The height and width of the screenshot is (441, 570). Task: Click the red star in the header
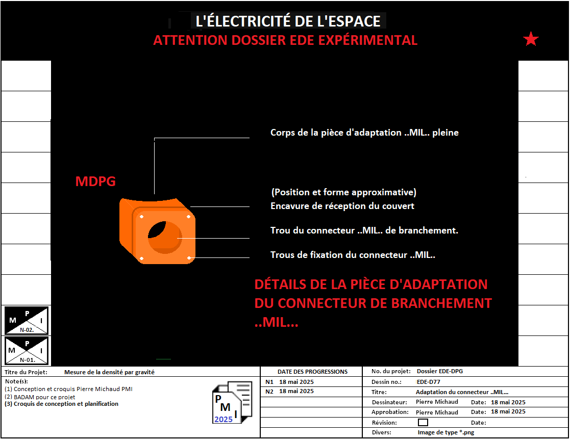[531, 39]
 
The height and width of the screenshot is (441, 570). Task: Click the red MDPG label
[95, 181]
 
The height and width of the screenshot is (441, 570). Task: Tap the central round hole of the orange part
[165, 237]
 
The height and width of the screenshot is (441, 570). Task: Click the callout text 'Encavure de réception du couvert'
[342, 206]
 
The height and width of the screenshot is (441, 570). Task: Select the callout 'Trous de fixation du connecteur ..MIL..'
[353, 254]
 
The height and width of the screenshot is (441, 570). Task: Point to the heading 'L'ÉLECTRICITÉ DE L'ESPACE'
[288, 21]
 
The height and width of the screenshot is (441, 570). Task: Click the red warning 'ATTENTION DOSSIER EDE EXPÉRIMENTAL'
[285, 40]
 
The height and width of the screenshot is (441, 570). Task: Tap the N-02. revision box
[26, 320]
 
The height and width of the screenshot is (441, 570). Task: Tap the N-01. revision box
[26, 351]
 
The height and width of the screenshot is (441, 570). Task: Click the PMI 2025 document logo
[232, 402]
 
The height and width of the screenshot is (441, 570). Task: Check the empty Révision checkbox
[423, 422]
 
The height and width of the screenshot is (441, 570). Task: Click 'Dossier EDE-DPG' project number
[439, 371]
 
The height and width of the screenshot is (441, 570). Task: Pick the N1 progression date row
[289, 382]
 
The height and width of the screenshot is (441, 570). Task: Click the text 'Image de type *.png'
[445, 432]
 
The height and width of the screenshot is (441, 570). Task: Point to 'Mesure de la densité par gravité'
[109, 372]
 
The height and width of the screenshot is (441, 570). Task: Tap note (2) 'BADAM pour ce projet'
[40, 397]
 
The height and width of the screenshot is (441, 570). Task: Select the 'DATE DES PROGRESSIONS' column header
[312, 372]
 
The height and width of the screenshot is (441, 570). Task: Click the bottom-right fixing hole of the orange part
[189, 258]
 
